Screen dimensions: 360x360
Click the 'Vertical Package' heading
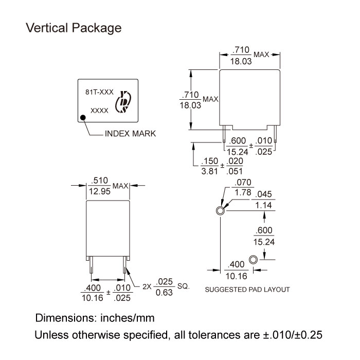coord(74,28)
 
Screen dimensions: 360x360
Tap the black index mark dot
coord(83,118)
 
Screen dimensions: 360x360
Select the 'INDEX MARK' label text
coord(130,134)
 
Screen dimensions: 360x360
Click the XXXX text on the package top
coord(99,111)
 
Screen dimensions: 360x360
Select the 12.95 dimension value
coord(100,191)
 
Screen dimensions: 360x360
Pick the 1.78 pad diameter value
coord(242,192)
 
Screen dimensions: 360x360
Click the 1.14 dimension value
coord(264,205)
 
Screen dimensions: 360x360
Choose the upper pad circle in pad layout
coord(220,210)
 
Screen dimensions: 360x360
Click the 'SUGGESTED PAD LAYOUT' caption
coord(247,290)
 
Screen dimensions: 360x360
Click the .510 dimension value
coord(100,181)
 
